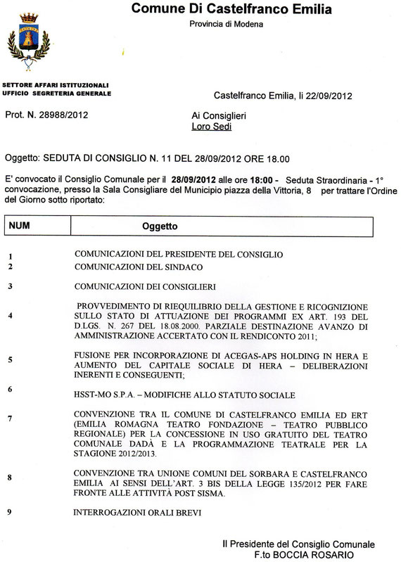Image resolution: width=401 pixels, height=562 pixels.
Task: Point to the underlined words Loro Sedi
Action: pyautogui.click(x=211, y=127)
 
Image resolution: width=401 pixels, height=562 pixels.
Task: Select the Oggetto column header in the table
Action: pyautogui.click(x=160, y=226)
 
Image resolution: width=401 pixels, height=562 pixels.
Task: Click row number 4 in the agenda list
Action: pyautogui.click(x=10, y=316)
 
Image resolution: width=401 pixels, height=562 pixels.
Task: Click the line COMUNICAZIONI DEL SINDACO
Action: pyautogui.click(x=139, y=267)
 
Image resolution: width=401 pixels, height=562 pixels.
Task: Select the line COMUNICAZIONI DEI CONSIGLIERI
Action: pyautogui.click(x=144, y=286)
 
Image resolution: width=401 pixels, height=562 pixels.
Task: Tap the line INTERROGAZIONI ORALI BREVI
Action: pyautogui.click(x=137, y=512)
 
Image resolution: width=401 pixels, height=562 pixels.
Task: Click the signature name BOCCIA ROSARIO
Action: pyautogui.click(x=332, y=555)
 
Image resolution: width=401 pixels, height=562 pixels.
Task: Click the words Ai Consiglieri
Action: pyautogui.click(x=219, y=115)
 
